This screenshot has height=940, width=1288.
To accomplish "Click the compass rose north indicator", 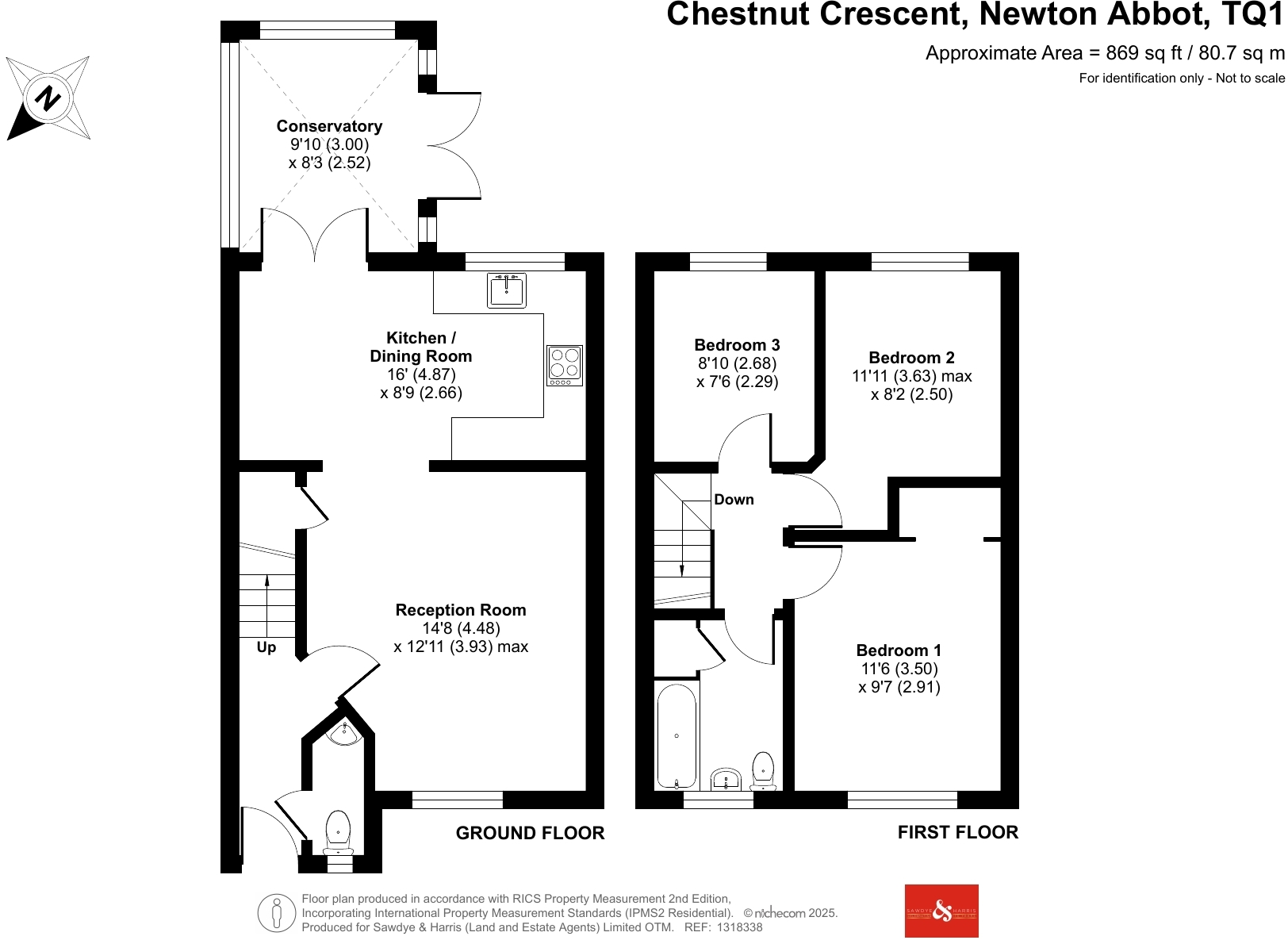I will coord(48,99).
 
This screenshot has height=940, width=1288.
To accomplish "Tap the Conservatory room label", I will coord(329,126).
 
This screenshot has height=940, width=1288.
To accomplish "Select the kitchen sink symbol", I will coord(507,290).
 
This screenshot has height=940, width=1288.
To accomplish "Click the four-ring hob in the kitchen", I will coord(565,365).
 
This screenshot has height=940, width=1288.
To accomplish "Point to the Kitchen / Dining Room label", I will coord(420,347).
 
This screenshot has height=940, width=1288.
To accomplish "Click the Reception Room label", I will coord(461,610).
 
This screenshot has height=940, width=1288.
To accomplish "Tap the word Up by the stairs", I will coord(266,647).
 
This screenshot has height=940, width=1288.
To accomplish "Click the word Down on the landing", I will coord(734,500).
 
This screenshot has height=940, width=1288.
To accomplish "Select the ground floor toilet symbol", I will coord(339,831).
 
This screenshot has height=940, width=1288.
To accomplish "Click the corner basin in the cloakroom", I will coord(345,734).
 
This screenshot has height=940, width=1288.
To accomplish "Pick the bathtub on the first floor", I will coord(677,736).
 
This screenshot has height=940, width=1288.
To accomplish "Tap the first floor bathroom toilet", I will coord(763,770).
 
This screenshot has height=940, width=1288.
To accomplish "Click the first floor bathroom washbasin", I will coord(726,779).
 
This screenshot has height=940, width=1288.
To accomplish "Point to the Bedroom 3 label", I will coord(737,345).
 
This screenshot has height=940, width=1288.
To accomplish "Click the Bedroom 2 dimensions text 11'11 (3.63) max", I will coord(911,376).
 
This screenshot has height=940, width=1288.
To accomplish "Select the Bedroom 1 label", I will coord(899,650).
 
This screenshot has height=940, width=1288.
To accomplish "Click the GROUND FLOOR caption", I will coord(530,833).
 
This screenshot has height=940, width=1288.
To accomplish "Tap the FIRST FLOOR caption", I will coord(957,832).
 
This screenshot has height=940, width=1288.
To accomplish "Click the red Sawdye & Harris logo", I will coord(941,911).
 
